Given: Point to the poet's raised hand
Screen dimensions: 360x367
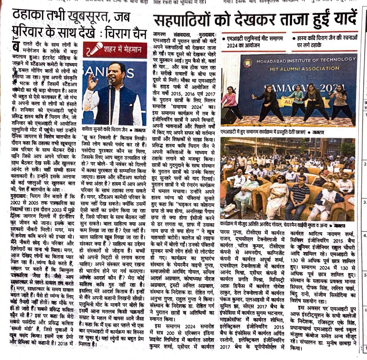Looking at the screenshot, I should click(92, 80).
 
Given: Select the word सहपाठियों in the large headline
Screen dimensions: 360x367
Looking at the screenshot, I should click(183, 20).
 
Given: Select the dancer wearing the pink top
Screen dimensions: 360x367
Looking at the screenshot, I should click(230, 100).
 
